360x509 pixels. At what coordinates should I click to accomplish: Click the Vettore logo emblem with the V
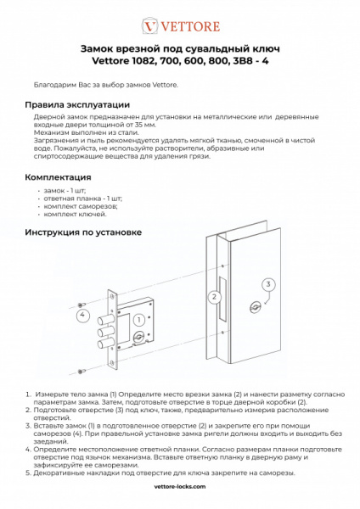tap(149, 26)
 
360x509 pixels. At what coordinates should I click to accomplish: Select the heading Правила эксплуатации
tap(77, 105)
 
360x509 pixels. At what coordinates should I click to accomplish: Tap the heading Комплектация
tap(58, 177)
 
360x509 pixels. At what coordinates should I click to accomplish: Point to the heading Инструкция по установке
tap(83, 232)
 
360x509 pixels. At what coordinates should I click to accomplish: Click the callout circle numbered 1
tap(139, 320)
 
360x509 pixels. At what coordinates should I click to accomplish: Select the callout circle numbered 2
tap(214, 297)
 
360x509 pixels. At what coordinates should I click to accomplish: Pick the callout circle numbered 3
tap(268, 284)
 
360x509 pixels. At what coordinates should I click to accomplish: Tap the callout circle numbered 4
tap(82, 315)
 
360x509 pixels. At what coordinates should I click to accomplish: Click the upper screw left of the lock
tap(81, 305)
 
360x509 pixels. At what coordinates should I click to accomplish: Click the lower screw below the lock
tap(81, 371)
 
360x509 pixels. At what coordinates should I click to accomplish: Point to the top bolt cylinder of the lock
tap(104, 321)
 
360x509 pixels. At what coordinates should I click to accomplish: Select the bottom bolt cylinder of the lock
tap(104, 344)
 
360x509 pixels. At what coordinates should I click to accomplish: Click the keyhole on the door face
tap(255, 307)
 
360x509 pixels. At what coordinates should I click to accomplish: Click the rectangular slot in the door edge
tap(222, 298)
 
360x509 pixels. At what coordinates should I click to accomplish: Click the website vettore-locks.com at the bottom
tap(180, 486)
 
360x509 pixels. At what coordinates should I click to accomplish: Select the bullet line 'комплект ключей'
tap(75, 215)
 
